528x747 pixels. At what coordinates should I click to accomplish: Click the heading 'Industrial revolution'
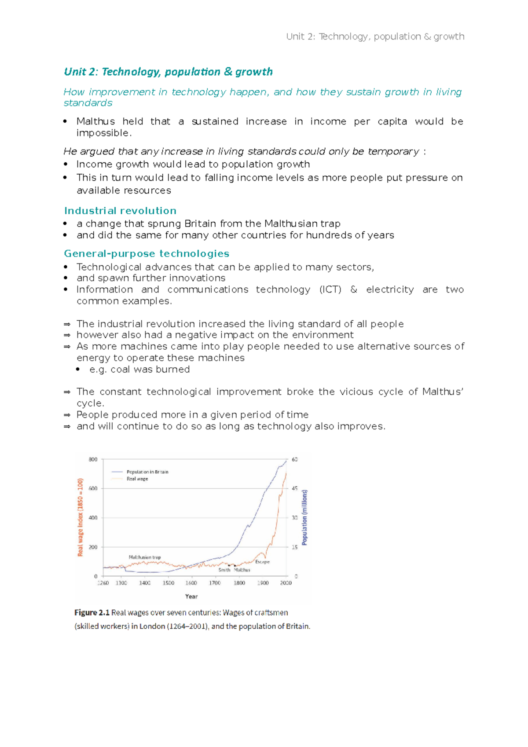[120, 211]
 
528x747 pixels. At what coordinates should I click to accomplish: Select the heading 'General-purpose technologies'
[147, 254]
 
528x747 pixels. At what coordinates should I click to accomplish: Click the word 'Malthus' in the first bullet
[95, 121]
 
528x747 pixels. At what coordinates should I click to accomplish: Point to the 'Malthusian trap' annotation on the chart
[144, 557]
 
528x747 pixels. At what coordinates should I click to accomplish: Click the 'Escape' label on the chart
[262, 562]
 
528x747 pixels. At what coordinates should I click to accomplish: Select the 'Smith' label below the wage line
[224, 570]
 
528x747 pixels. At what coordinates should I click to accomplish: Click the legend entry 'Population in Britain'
[147, 472]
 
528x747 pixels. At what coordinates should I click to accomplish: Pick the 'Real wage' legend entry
[137, 479]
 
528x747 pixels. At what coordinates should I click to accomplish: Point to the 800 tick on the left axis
[93, 459]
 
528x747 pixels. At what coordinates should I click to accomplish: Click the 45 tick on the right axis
[294, 488]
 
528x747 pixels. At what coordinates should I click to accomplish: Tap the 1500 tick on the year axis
[168, 583]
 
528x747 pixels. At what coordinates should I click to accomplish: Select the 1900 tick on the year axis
[263, 583]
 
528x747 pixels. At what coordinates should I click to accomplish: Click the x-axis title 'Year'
[191, 597]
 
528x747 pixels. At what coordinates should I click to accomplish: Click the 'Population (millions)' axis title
[305, 517]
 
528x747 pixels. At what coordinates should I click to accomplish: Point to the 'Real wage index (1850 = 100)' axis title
[80, 517]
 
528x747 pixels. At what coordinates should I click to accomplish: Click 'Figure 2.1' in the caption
[92, 612]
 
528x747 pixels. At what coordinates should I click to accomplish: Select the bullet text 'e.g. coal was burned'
[139, 370]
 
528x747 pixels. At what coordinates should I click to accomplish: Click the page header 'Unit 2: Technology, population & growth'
[375, 37]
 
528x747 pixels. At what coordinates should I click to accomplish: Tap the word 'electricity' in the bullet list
[390, 289]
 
